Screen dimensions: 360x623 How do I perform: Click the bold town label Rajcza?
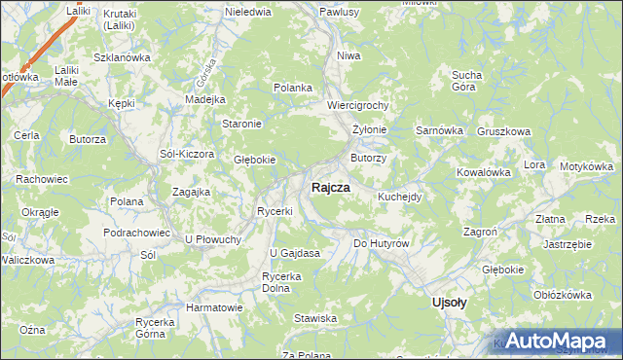(x=332, y=189)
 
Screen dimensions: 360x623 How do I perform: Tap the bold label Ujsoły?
(x=449, y=303)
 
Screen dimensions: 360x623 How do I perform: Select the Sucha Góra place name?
(x=468, y=80)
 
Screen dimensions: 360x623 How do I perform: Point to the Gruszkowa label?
(x=503, y=131)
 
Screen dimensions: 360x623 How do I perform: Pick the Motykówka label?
(x=590, y=166)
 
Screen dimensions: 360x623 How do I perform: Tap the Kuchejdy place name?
(x=399, y=197)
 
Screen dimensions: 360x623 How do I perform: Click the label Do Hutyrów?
(x=380, y=243)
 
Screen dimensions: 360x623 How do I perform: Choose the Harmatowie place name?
(x=214, y=307)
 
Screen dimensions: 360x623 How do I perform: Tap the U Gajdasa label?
(x=295, y=254)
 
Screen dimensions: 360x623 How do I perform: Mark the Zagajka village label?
(x=192, y=192)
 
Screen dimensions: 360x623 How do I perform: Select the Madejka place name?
(x=204, y=99)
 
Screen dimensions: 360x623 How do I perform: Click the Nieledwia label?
(x=247, y=13)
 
